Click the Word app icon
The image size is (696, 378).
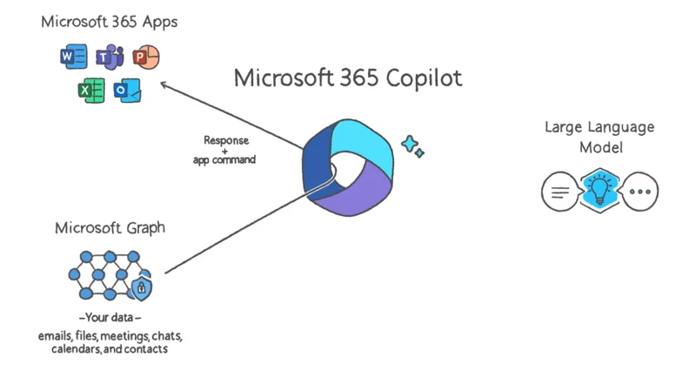(73, 58)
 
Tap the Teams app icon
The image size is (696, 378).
(108, 58)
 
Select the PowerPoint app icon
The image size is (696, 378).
(145, 57)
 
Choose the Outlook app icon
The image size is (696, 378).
(127, 90)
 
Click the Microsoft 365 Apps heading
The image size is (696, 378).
(109, 21)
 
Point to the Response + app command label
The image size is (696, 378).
(225, 150)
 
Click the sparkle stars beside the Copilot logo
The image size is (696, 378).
(412, 145)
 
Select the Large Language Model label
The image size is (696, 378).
(599, 138)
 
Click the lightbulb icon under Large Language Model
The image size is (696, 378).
(600, 191)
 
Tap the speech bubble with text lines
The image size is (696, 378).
(560, 192)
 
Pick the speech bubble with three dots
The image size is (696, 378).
(640, 192)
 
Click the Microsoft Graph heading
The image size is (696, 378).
(110, 228)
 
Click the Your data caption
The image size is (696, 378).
(110, 317)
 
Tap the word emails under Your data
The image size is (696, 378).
(54, 335)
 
